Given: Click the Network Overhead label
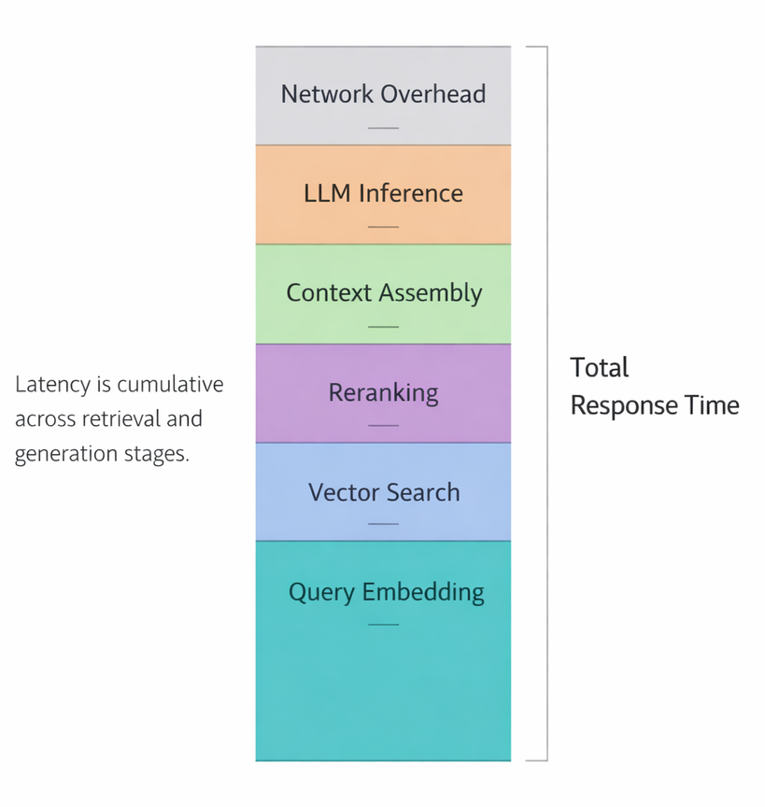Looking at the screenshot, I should (383, 94).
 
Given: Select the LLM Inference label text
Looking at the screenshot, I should (383, 193).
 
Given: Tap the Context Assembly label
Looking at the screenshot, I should (383, 293).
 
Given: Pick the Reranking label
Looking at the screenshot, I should (383, 392).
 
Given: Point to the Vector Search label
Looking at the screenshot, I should (383, 492).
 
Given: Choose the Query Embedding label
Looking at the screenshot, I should (386, 592).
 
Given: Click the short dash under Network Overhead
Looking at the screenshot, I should (383, 127).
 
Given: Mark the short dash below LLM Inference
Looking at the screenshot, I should (383, 227).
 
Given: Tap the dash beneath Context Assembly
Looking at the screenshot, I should (383, 327).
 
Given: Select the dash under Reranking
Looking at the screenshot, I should (383, 425).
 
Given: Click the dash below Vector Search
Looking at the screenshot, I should (383, 524).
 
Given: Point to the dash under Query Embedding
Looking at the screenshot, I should (383, 624).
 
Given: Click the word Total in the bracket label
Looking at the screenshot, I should (600, 367).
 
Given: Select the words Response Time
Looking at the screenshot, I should (655, 405).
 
